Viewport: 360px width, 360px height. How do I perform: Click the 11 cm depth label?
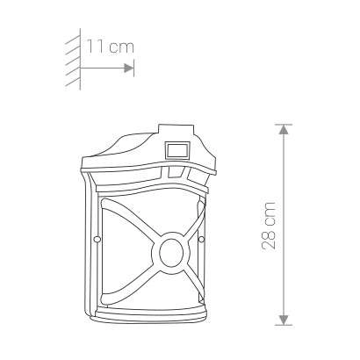click(x=111, y=47)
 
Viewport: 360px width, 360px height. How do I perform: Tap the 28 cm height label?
click(x=269, y=226)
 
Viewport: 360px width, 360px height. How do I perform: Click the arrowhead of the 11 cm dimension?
click(x=129, y=68)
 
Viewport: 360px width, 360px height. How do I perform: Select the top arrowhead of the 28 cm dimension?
click(x=284, y=129)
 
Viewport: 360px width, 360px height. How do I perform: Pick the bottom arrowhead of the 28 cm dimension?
click(x=284, y=320)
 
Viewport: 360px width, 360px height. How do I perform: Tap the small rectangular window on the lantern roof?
click(x=177, y=151)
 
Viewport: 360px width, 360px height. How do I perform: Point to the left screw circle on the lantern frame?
click(x=97, y=240)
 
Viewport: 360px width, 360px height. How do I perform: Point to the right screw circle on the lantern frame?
click(x=201, y=240)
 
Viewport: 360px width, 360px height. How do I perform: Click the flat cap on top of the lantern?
click(x=176, y=130)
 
